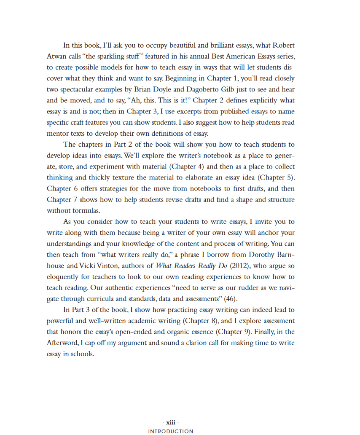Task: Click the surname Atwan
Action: pos(56,56)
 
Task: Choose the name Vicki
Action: pos(88,266)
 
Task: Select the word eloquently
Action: pos(63,277)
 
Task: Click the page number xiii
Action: pos(171,422)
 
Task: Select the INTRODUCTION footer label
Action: pos(171,431)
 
